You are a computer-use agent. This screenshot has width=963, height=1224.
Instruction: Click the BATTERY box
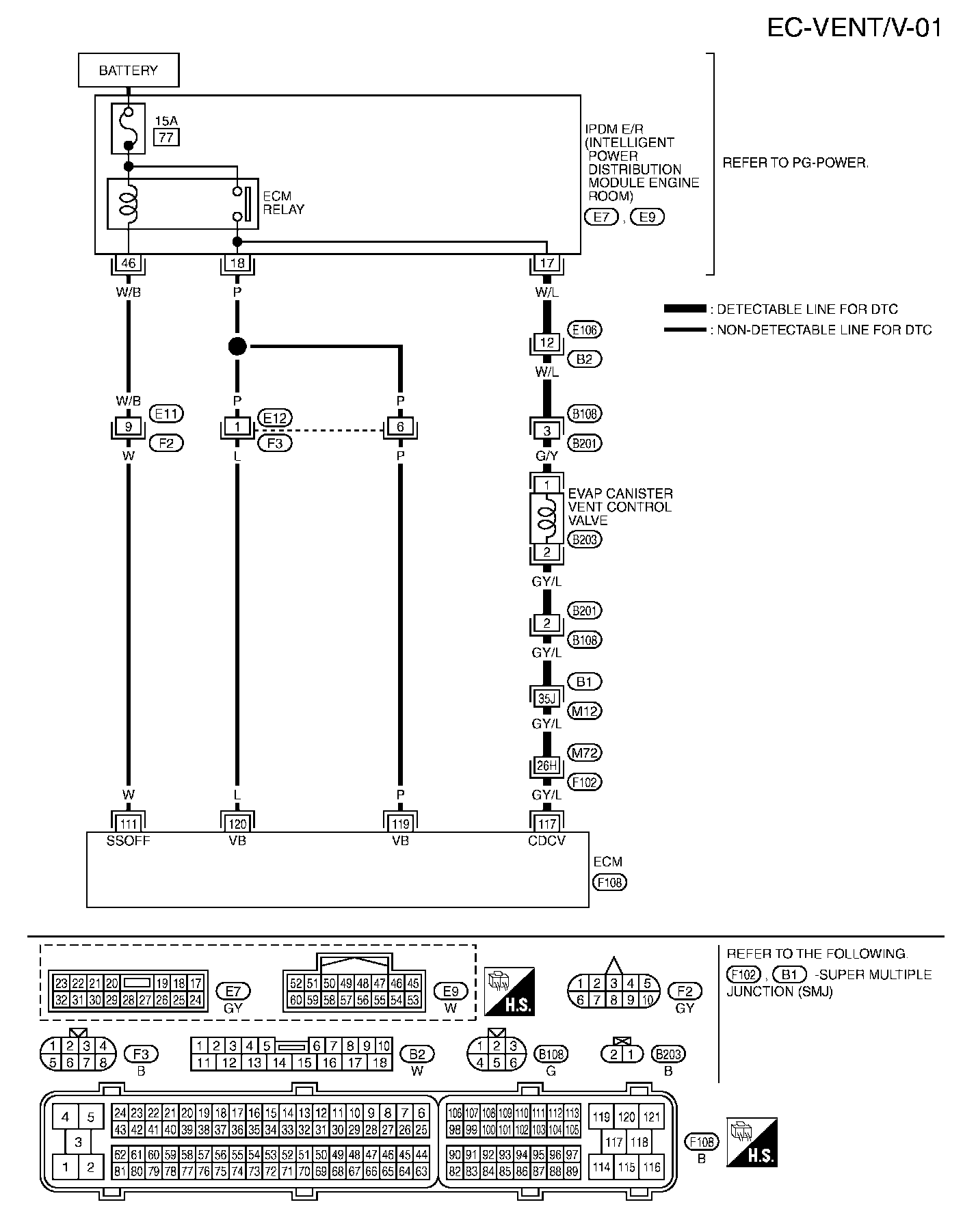tap(129, 70)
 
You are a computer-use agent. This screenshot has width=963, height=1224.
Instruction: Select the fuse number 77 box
tap(166, 137)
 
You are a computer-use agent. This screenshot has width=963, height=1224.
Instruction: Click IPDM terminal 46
tap(128, 263)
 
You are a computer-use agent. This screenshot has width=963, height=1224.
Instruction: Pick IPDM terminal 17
tap(546, 263)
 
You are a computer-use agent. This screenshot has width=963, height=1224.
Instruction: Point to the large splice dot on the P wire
tap(237, 346)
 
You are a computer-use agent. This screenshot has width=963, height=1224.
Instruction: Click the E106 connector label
tap(585, 330)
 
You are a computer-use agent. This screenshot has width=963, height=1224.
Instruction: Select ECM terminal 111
tap(128, 824)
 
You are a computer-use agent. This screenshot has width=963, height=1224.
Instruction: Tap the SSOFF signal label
tap(128, 841)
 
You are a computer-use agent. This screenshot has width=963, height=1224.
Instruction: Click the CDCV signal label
tap(546, 841)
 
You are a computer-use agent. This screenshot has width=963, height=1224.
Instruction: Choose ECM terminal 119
tap(400, 824)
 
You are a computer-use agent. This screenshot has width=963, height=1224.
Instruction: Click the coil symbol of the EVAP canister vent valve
tap(546, 518)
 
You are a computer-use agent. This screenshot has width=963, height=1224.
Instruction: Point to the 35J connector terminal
tap(546, 698)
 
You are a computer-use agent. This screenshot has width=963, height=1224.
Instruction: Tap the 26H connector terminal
tap(546, 766)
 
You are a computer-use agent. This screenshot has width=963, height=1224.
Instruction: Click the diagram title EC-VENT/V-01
tap(854, 28)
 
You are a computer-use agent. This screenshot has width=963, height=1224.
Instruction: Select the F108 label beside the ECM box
tap(609, 882)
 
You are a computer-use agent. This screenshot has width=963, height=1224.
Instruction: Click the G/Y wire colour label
tap(546, 456)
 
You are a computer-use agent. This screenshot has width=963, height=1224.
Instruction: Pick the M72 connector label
tap(585, 753)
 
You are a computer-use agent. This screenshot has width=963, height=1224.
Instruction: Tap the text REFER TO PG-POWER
tap(795, 163)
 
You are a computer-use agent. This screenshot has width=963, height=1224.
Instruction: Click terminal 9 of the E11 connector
tap(128, 427)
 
